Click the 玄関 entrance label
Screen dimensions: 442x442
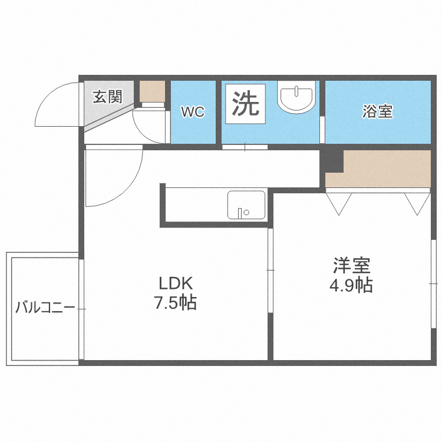coord(107,96)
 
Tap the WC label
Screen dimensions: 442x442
coord(192,112)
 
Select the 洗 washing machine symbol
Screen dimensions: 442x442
coord(245,104)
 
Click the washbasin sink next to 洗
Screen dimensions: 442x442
coord(298,98)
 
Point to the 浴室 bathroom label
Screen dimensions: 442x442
coord(378,111)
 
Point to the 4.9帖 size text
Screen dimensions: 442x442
coord(351,285)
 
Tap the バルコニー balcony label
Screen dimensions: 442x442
coord(45,308)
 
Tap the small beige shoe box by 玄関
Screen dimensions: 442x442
coord(153,91)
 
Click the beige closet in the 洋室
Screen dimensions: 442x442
coord(383,169)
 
